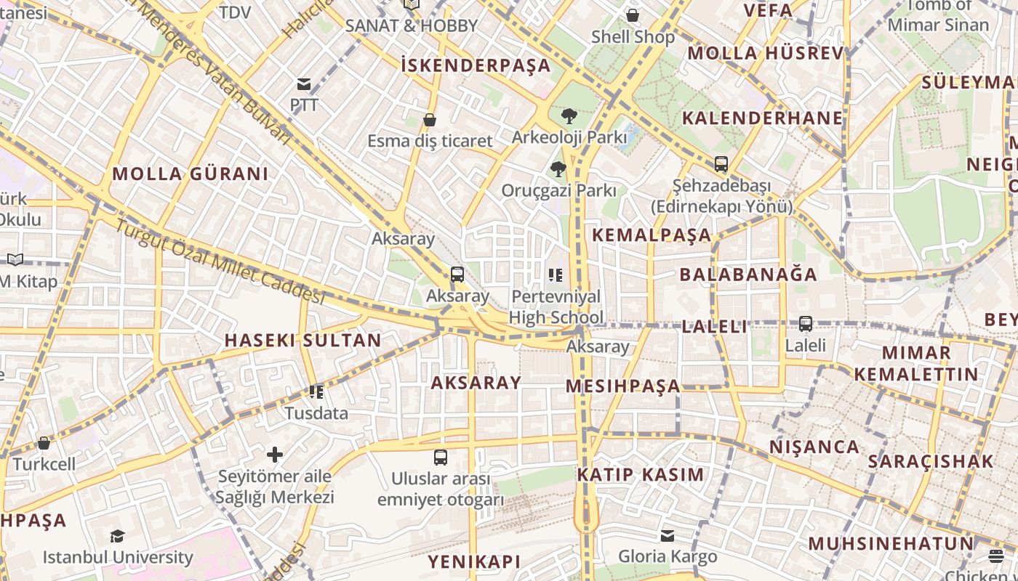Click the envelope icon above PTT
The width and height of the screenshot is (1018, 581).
[x=304, y=84]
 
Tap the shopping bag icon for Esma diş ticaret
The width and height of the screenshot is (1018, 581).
[x=430, y=120]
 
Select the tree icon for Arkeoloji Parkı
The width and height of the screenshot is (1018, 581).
[x=569, y=116]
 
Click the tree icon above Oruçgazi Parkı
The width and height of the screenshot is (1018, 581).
[x=558, y=169]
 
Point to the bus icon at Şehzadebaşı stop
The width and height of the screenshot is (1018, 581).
[x=721, y=164]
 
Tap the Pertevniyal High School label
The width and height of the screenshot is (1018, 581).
[x=556, y=306]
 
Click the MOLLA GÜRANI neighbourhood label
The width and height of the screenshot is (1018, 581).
[x=191, y=174]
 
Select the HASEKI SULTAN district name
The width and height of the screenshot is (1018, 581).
[x=302, y=340]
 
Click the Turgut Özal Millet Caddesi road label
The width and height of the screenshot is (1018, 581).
[x=218, y=261]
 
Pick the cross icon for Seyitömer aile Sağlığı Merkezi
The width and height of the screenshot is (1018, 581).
[x=275, y=455]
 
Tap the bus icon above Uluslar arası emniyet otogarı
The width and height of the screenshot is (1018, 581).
[x=441, y=458]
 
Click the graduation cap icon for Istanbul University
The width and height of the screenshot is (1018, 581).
[x=117, y=537]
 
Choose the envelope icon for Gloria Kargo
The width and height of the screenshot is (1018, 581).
[x=668, y=536]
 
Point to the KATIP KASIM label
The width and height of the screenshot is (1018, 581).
[x=641, y=475]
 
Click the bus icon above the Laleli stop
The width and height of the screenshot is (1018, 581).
[x=806, y=324]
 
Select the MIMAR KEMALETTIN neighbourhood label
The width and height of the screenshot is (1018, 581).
[x=916, y=364]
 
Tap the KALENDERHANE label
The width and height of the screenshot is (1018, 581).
[x=762, y=118]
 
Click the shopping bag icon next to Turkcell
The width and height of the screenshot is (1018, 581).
[x=44, y=443]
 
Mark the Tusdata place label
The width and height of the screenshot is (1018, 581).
[x=316, y=413]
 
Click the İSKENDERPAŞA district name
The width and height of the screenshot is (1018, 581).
[x=476, y=65]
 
